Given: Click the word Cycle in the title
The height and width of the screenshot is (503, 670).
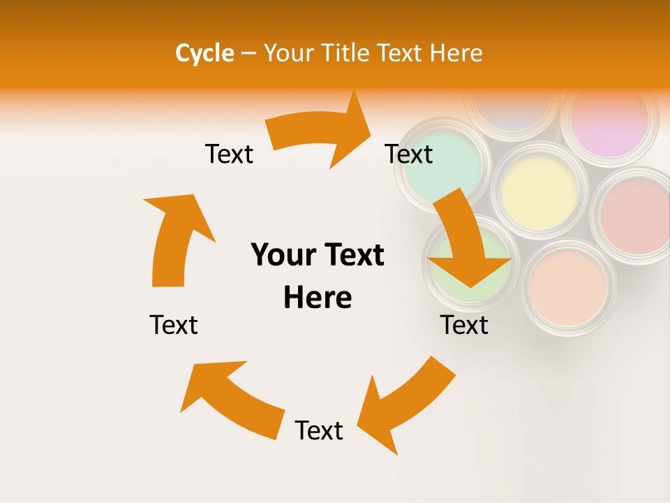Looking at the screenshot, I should point(204,53).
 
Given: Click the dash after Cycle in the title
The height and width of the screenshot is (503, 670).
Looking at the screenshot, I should point(248,53).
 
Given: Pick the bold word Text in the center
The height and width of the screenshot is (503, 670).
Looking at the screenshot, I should point(353,255).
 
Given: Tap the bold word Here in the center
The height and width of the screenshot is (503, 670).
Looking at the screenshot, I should point(318,298).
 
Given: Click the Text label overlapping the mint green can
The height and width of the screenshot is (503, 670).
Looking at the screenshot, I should point(409,154).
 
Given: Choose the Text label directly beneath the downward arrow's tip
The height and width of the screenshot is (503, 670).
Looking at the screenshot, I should point(464,325).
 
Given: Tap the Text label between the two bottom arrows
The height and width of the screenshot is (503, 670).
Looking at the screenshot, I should point(319,430).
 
